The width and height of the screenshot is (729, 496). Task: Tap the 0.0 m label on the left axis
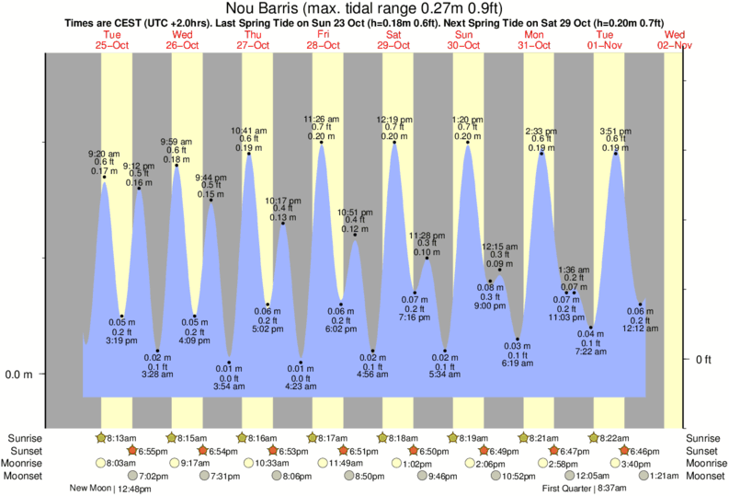pyautogui.click(x=19, y=375)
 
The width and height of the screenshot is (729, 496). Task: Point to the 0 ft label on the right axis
pyautogui.click(x=704, y=360)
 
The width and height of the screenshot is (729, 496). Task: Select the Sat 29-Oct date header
pyautogui.click(x=393, y=39)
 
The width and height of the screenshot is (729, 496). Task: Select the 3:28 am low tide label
pyautogui.click(x=158, y=375)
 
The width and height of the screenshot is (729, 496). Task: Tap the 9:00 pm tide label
pyautogui.click(x=489, y=306)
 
